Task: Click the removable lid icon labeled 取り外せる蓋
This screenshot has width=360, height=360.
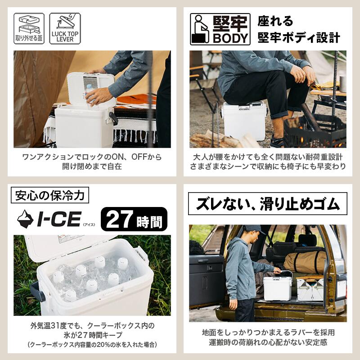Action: [x=29, y=28]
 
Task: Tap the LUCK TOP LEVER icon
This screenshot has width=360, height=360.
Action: [x=65, y=28]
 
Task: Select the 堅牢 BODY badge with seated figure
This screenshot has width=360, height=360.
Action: [x=220, y=29]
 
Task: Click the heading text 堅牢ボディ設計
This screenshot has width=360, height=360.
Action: [x=298, y=38]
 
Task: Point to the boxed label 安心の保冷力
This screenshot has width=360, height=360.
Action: [x=50, y=195]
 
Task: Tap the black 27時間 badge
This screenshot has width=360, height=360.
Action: [x=134, y=219]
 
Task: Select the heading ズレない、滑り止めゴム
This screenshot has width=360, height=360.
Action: [x=267, y=204]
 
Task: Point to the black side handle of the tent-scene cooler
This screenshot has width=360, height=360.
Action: [x=113, y=118]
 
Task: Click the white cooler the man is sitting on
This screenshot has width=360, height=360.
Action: [x=244, y=121]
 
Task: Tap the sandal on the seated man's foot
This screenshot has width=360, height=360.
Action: [x=277, y=142]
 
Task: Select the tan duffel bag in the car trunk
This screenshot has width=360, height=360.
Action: [x=305, y=262]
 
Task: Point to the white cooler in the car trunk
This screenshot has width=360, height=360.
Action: [x=278, y=288]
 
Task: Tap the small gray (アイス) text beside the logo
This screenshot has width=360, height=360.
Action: [x=89, y=225]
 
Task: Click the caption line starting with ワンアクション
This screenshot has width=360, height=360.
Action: [x=92, y=157]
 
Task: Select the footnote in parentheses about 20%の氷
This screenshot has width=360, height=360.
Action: [x=92, y=345]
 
